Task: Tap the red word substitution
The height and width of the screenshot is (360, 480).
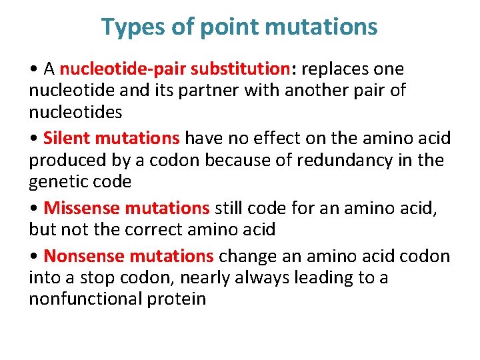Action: pos(238,69)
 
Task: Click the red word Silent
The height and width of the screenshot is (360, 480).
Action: pos(67,138)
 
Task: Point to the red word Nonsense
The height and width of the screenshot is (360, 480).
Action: pos(85,256)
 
